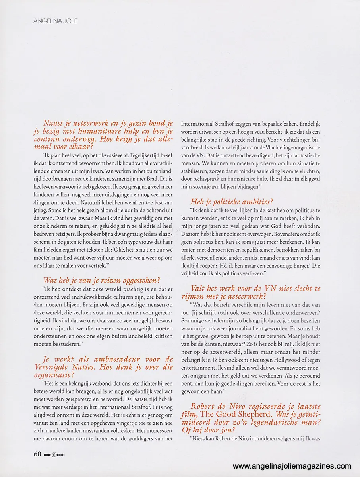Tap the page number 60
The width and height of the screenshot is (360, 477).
(37, 454)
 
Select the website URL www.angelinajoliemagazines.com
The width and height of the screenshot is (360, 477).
(292, 466)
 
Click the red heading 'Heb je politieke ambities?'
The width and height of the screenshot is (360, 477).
(232, 202)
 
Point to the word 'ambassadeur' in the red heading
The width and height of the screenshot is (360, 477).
(112, 359)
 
